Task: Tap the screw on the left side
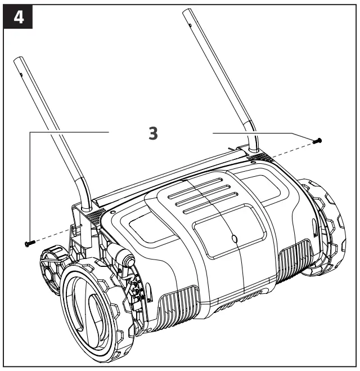click(x=29, y=243)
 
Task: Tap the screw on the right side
click(x=318, y=139)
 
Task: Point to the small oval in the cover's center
click(x=235, y=239)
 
